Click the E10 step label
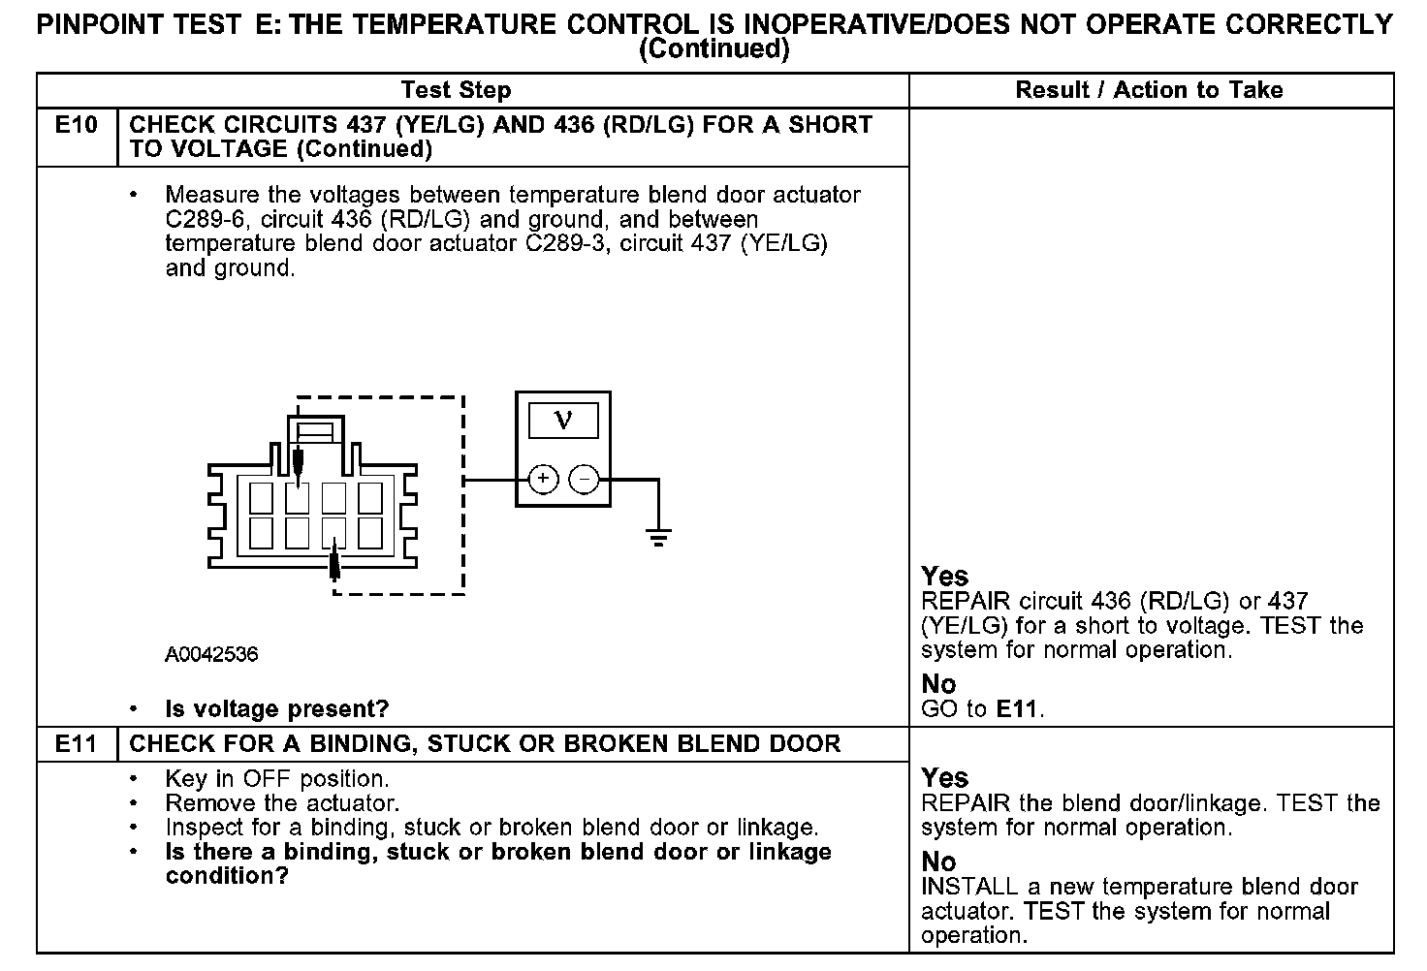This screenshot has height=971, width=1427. pos(76,125)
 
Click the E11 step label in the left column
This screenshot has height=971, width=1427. pos(76,744)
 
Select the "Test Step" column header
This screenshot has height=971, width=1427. pos(456,90)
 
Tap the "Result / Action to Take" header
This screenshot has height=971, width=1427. pos(1149,90)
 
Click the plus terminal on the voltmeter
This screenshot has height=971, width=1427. pos(543,479)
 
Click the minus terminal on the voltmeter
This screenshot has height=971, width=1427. pos(584,479)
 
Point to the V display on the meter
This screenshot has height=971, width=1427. pos(562,421)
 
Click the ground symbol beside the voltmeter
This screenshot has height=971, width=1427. pos(658,538)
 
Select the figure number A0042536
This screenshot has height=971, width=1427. pos(211,655)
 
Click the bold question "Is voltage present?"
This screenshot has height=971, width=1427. pos(276,709)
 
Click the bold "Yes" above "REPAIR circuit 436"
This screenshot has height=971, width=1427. pos(944,577)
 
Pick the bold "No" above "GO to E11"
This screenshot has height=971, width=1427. pos(938,684)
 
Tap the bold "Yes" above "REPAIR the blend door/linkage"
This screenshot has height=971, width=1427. pos(944,778)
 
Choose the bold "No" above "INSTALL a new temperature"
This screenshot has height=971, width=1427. pos(938,861)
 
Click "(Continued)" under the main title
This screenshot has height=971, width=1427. pos(714,49)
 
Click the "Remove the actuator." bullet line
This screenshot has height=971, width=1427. pos(282,803)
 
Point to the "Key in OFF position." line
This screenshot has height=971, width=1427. pos(276,779)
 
